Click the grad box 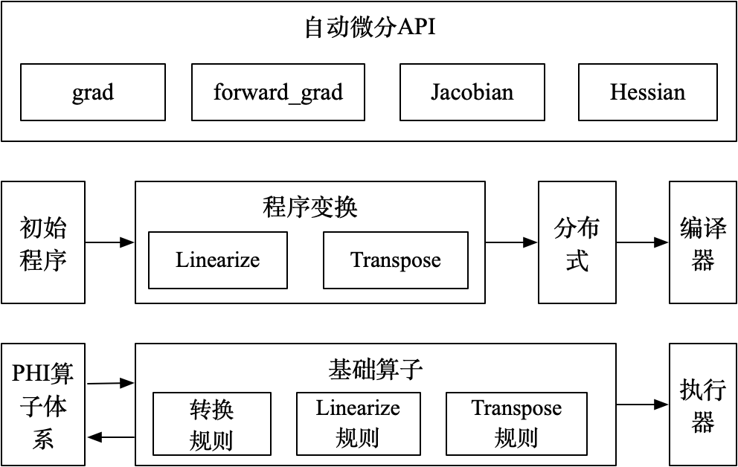coord(93,92)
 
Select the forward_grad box coord(277,92)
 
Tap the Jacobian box coord(472,92)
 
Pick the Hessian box coord(647,92)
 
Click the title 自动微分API coord(370,28)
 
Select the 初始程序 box coord(43,242)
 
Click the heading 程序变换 coord(309,207)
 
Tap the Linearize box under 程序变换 coord(218,260)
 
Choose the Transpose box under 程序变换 coord(396,260)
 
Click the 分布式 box coord(577,242)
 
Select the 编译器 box coord(702,242)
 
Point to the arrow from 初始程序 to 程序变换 coord(109,242)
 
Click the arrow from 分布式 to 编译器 coord(642,242)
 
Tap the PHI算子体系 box coord(43,405)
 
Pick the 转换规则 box coord(212,424)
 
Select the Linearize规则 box coord(358,423)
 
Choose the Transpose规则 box coord(516,423)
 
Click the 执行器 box coord(702,405)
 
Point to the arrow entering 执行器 coord(642,405)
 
